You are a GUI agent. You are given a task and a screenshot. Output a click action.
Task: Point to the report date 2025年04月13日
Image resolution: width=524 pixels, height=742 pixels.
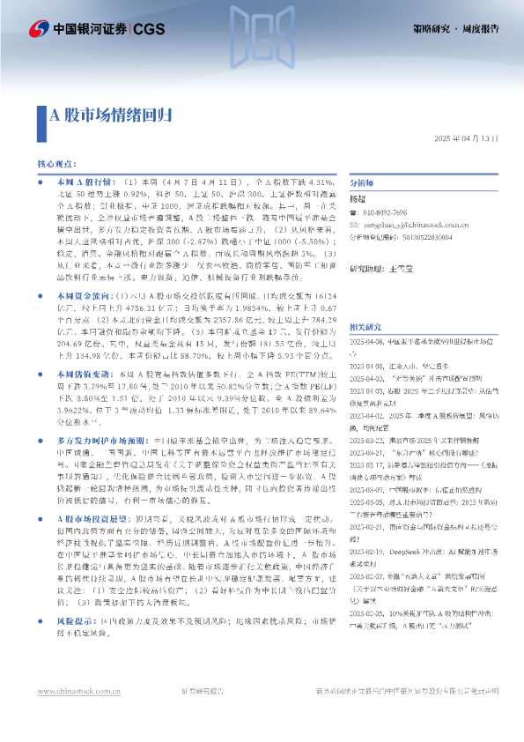(x=467, y=139)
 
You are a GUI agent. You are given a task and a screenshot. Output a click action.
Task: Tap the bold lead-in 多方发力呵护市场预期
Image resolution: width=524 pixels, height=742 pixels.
(x=99, y=414)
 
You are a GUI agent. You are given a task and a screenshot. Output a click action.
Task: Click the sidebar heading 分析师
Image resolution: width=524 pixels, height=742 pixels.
(x=362, y=183)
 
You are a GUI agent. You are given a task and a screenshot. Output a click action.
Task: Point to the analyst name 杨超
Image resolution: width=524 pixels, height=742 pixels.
(x=358, y=200)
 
